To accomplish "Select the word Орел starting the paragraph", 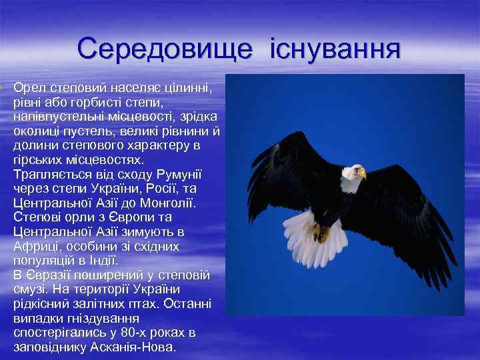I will [x=27, y=89].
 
